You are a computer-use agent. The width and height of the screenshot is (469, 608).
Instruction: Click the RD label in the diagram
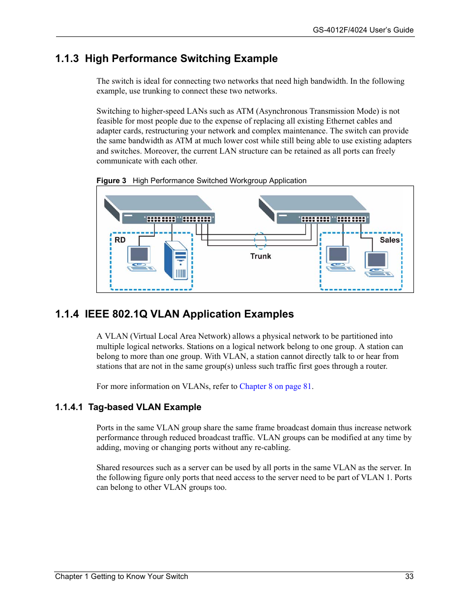[120, 240]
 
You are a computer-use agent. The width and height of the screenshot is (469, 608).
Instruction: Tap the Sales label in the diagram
[389, 240]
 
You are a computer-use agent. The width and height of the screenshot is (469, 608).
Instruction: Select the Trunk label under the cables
[261, 256]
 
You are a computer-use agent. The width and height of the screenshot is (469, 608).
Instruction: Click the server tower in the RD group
[176, 260]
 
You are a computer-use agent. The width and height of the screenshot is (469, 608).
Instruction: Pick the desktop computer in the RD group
[140, 258]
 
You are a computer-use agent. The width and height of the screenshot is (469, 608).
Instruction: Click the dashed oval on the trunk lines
[260, 241]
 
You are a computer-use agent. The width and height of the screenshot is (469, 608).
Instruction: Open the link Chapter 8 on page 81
[275, 386]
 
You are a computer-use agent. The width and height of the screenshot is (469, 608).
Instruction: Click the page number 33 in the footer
[409, 576]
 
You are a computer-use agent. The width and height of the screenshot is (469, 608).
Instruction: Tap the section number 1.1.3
[67, 59]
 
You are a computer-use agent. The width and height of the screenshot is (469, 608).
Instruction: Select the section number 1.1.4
[67, 314]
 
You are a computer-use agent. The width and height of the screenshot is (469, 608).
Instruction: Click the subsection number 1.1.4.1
[69, 407]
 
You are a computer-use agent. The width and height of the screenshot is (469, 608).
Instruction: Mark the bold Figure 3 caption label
[111, 181]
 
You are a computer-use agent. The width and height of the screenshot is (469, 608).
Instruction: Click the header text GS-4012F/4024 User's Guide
[363, 30]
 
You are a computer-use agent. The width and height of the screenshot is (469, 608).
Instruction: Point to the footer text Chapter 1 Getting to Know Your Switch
[121, 576]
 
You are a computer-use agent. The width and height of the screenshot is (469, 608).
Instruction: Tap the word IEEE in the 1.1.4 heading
[97, 314]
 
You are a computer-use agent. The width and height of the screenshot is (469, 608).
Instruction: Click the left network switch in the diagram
[160, 209]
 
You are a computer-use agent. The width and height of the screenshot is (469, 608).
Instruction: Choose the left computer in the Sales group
[339, 258]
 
